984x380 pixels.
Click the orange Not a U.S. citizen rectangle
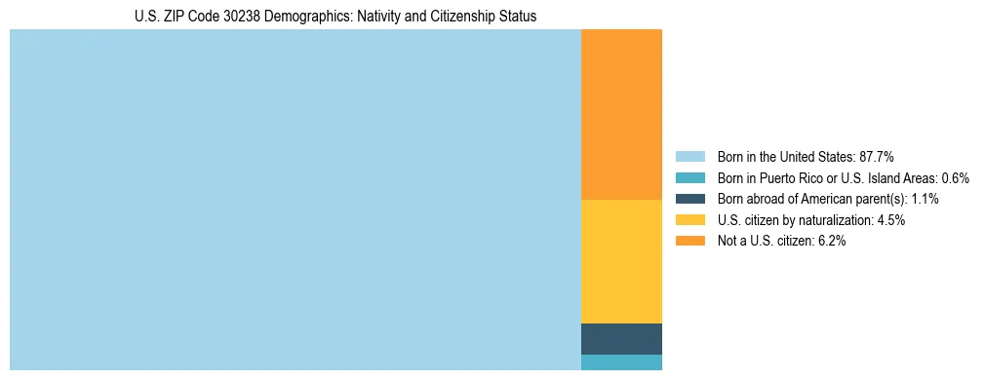(x=621, y=114)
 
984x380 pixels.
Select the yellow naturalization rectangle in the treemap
(x=621, y=261)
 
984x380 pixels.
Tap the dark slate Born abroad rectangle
(x=621, y=338)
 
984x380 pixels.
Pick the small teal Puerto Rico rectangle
(x=621, y=362)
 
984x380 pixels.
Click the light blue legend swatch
(x=689, y=156)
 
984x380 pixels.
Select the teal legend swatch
(x=689, y=177)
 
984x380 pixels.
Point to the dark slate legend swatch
(x=689, y=199)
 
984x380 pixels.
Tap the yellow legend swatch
(x=689, y=220)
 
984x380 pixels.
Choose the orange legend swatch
(x=689, y=241)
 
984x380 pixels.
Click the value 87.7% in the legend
(x=877, y=156)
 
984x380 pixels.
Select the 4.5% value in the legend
(x=891, y=220)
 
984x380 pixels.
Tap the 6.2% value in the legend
(x=832, y=241)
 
